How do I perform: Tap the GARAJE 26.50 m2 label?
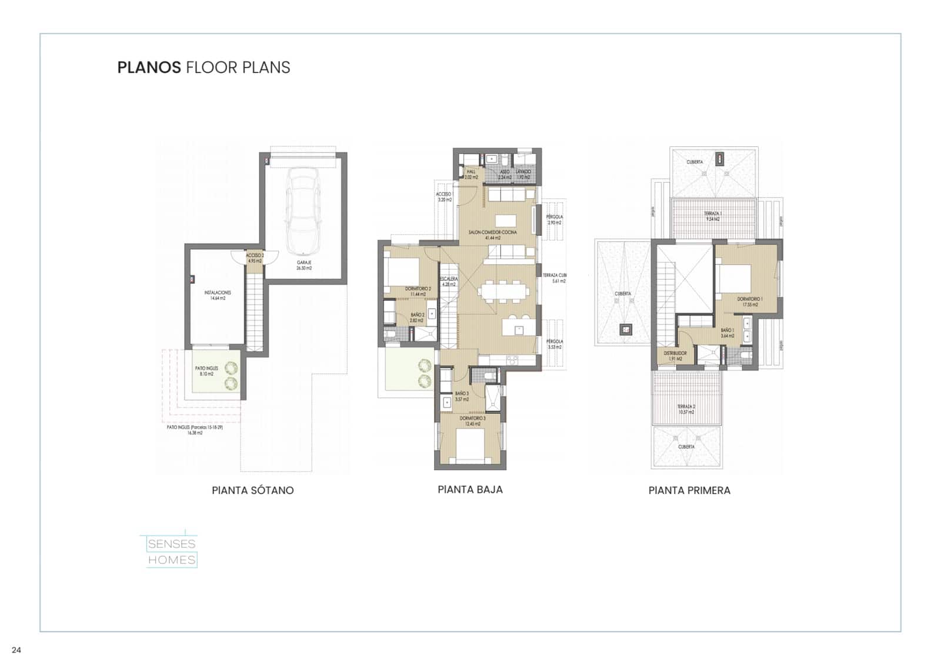(x=304, y=265)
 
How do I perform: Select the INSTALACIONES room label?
(x=218, y=295)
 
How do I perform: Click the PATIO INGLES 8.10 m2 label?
(x=206, y=371)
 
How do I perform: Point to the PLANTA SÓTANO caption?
(x=253, y=490)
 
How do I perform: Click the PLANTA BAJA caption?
(x=470, y=489)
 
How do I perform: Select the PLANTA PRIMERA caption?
(x=689, y=490)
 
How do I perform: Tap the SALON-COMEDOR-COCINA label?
(x=492, y=235)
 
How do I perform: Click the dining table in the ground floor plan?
(x=503, y=291)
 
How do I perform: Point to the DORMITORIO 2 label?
(x=418, y=291)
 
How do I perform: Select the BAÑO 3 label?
(x=462, y=396)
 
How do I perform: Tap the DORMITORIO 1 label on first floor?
(x=750, y=302)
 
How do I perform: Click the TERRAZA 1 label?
(x=713, y=216)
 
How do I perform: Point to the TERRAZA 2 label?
(x=686, y=409)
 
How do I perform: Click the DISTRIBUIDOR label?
(x=675, y=356)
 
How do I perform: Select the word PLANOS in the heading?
(x=149, y=68)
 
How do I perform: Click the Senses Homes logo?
(x=171, y=552)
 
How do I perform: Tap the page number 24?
(x=16, y=650)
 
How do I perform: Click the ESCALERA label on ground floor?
(x=448, y=282)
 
